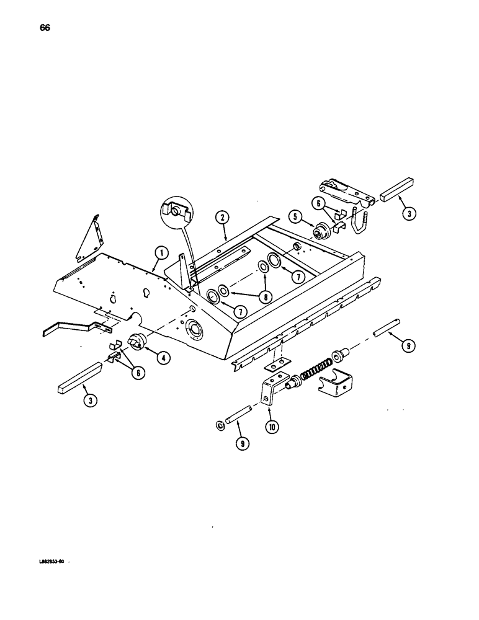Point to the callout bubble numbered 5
[x=295, y=216]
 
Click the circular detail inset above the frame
[x=176, y=213]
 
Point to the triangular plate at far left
[x=87, y=237]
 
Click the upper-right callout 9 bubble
[x=406, y=348]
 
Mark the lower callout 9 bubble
[x=238, y=445]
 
